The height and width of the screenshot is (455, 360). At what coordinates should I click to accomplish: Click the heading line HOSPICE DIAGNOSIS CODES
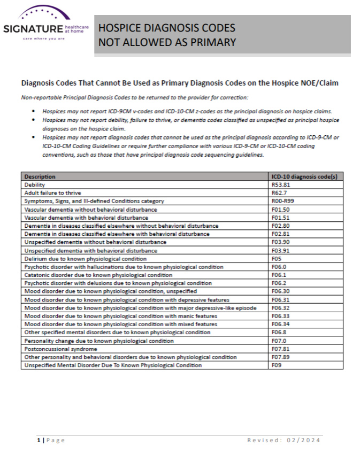coord(166,28)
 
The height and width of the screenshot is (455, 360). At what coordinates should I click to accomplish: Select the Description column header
coord(40,176)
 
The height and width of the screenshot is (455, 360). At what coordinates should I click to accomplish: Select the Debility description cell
coord(35,184)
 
